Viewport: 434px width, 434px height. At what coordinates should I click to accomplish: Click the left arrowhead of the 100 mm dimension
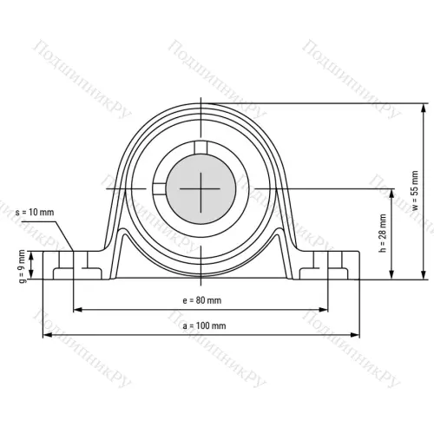coord(46,335)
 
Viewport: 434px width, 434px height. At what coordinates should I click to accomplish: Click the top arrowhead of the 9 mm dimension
coord(32,254)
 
